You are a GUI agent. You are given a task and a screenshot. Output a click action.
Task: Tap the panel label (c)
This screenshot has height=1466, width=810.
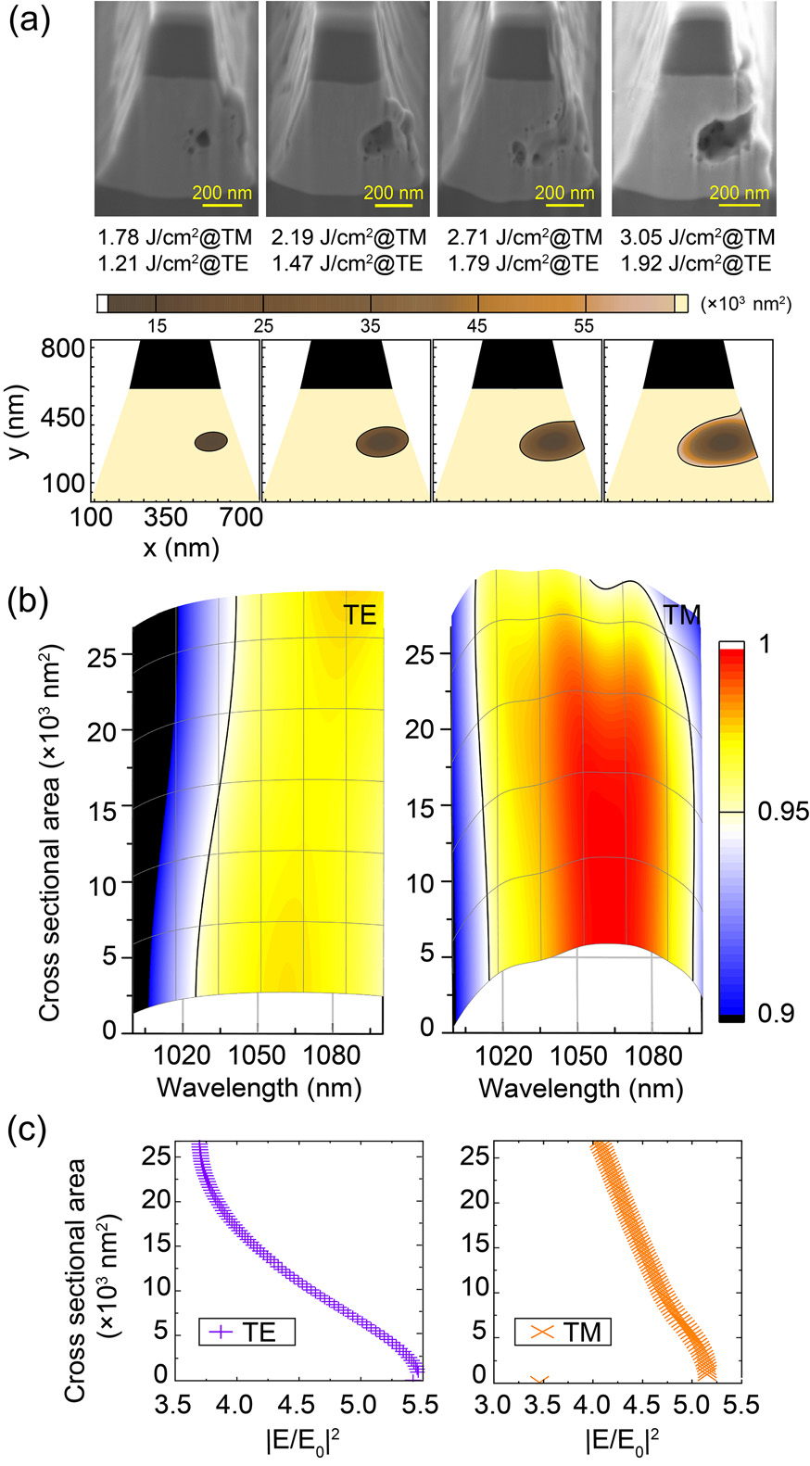pyautogui.click(x=28, y=1131)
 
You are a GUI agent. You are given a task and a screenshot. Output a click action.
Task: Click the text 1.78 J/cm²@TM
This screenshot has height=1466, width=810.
pyautogui.click(x=175, y=237)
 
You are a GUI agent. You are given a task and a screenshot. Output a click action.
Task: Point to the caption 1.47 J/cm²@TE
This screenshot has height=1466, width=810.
pyautogui.click(x=348, y=263)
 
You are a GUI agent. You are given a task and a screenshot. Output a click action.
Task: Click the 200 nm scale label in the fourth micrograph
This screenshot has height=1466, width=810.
pyautogui.click(x=740, y=194)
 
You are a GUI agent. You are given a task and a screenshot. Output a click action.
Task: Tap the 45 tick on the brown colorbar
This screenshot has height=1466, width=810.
pyautogui.click(x=476, y=326)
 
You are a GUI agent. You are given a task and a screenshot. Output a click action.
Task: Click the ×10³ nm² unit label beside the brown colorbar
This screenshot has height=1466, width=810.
pyautogui.click(x=747, y=304)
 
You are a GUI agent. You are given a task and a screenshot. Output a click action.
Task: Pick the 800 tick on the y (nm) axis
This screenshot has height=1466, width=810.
pyautogui.click(x=63, y=349)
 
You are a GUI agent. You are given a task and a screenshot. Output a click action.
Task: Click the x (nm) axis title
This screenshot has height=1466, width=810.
pyautogui.click(x=181, y=548)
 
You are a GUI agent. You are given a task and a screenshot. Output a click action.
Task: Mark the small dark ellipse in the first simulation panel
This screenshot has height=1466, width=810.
pyautogui.click(x=211, y=442)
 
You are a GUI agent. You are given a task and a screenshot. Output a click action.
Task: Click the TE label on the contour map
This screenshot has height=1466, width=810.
pyautogui.click(x=361, y=614)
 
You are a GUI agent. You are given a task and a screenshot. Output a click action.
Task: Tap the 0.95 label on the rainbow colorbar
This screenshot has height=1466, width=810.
pyautogui.click(x=783, y=812)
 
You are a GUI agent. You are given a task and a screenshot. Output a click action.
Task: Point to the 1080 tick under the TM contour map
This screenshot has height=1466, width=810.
pyautogui.click(x=652, y=1055)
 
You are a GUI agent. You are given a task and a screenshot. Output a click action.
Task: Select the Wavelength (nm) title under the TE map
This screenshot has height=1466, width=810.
pyautogui.click(x=259, y=1086)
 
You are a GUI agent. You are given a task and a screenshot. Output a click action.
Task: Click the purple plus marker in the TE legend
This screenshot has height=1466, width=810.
pyautogui.click(x=221, y=1333)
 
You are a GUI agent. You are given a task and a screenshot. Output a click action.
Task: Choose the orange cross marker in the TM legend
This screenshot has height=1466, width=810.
pyautogui.click(x=542, y=1333)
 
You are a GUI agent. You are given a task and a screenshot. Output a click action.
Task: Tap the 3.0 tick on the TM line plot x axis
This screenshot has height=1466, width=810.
pyautogui.click(x=492, y=1405)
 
